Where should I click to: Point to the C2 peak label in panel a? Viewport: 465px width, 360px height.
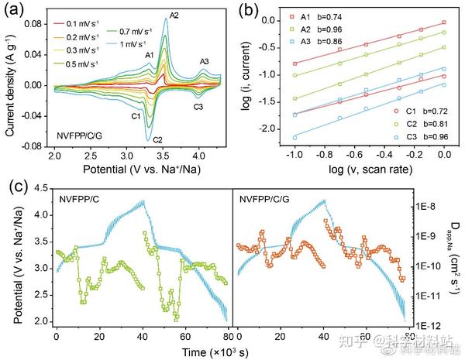(157, 139)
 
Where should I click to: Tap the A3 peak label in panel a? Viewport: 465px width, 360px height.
(205, 61)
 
